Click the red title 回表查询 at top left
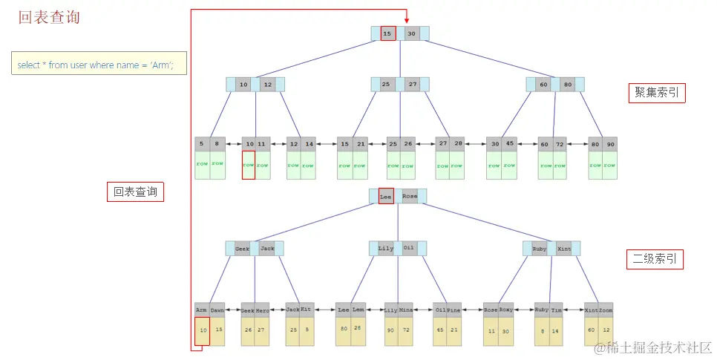click(x=49, y=18)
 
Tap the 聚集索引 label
click(x=656, y=93)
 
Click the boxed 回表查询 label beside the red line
click(x=135, y=192)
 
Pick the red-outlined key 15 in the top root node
click(x=388, y=33)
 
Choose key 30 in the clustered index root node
click(x=411, y=33)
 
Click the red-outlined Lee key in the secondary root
click(x=386, y=197)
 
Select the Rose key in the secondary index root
click(x=409, y=197)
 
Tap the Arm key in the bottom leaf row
click(x=202, y=310)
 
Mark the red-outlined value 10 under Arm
click(x=202, y=331)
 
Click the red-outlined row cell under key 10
click(x=249, y=165)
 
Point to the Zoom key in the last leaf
click(x=606, y=310)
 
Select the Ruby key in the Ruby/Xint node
click(x=540, y=249)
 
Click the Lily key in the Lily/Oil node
click(x=386, y=249)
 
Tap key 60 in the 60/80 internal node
click(x=543, y=85)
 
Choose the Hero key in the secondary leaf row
click(x=262, y=310)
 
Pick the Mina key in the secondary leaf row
click(x=406, y=310)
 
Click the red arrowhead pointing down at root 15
click(x=406, y=21)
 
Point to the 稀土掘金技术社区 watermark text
click(x=659, y=347)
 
